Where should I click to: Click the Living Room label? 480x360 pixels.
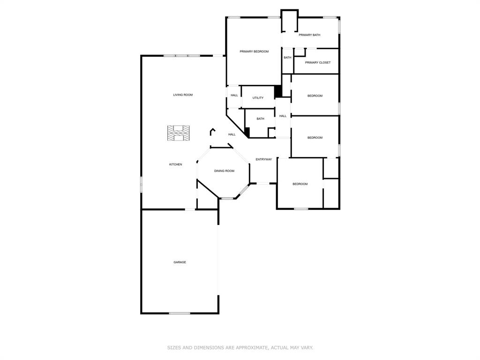coord(183,95)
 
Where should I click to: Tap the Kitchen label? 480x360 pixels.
coord(176,165)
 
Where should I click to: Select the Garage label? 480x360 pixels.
coord(180,262)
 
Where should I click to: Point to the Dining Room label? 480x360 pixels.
coord(224,171)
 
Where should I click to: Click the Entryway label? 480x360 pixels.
coord(263,159)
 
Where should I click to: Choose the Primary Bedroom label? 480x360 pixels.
coord(254,52)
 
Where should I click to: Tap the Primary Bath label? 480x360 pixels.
coord(309,35)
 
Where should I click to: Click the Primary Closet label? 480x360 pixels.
coord(318,63)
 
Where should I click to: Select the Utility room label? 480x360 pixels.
coord(258,98)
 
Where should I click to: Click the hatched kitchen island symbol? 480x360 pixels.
coord(179,133)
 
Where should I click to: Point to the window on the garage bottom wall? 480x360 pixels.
coord(180,313)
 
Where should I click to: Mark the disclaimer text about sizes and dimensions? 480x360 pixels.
coord(240,348)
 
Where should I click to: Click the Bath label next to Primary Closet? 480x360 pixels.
coord(287,58)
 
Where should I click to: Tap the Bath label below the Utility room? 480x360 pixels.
coord(260,119)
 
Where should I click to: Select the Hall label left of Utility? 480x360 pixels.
coord(234,96)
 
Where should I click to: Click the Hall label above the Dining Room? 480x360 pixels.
coord(232,135)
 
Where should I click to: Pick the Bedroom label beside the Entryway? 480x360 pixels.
coord(300,184)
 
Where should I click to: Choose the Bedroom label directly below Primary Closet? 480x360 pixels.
coord(315,96)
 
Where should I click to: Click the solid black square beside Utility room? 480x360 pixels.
coord(277,91)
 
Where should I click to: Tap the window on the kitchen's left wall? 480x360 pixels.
coord(141,184)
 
